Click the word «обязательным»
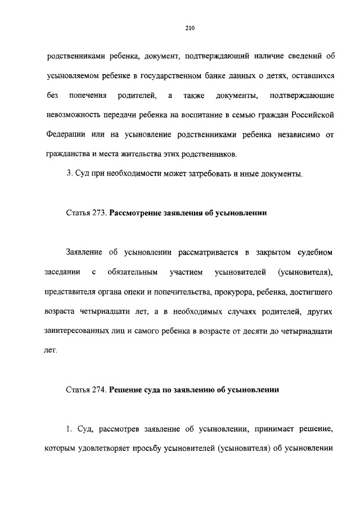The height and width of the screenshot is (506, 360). point(132,272)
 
